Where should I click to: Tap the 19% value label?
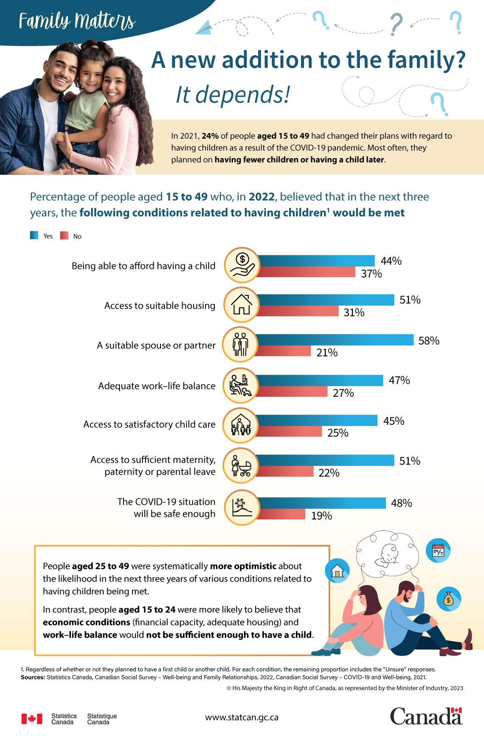click(x=321, y=516)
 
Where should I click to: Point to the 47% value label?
click(x=399, y=380)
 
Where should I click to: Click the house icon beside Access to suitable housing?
click(x=241, y=305)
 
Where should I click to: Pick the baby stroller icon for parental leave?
click(x=241, y=465)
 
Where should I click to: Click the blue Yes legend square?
click(x=34, y=235)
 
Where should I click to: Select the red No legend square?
click(x=64, y=235)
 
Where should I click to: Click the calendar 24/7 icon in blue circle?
click(x=438, y=551)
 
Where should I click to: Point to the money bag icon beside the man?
click(x=448, y=599)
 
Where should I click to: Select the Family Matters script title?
click(x=77, y=21)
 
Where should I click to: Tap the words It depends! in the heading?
click(x=233, y=94)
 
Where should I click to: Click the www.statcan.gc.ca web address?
click(x=242, y=717)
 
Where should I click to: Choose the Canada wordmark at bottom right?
click(x=426, y=716)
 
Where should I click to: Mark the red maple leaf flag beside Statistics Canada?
click(x=32, y=718)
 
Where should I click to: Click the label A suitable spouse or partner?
click(x=156, y=345)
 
